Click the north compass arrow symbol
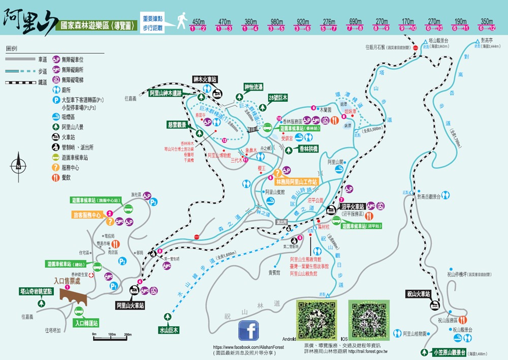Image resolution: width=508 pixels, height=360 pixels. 18,165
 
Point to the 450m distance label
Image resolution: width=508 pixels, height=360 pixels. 198,22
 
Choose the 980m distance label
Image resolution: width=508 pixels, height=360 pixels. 276,22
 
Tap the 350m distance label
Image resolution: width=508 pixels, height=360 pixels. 487,22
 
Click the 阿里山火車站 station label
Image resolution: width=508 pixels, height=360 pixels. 130,306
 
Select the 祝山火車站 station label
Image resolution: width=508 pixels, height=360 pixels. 419,293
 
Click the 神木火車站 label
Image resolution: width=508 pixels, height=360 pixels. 205,79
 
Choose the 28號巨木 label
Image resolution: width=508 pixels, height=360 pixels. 278,97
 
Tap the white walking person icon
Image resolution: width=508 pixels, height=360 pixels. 181,21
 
